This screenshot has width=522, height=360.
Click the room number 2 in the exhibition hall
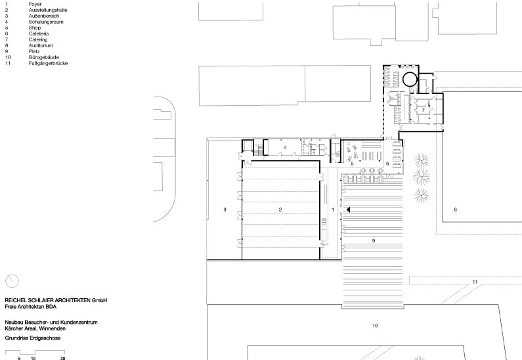(x=280, y=210)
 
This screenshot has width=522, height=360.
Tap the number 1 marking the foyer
(x=333, y=210)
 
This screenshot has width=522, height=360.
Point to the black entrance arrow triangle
(x=348, y=210)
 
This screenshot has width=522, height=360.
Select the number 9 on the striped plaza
(x=374, y=240)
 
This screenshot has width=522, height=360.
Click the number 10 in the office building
(x=375, y=326)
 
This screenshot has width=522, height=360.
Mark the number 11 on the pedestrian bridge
(x=475, y=282)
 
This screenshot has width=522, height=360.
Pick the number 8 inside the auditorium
(x=456, y=210)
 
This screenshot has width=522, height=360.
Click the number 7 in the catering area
(x=423, y=110)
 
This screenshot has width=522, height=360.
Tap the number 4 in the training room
(x=286, y=147)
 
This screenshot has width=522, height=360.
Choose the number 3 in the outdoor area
(x=225, y=210)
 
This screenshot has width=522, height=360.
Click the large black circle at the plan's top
(x=410, y=79)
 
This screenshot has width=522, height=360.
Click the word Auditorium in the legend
(x=41, y=45)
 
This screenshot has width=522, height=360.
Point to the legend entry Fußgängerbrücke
(x=49, y=63)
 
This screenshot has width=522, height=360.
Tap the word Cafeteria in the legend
(x=39, y=34)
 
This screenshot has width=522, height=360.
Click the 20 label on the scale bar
(x=63, y=358)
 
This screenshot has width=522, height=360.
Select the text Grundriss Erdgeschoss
(x=33, y=338)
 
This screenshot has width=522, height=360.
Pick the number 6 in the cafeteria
(x=387, y=164)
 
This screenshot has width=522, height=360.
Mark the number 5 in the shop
(x=352, y=164)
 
